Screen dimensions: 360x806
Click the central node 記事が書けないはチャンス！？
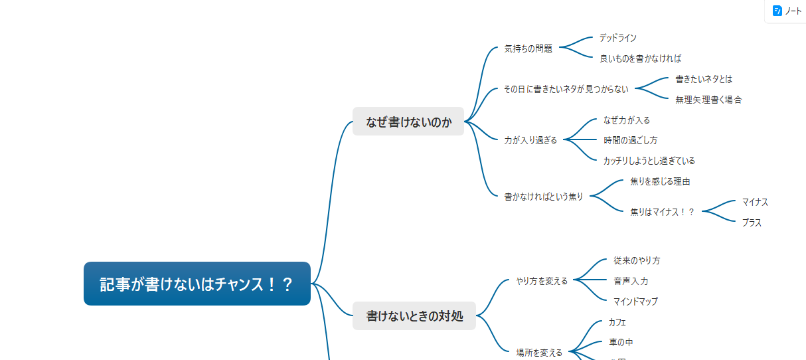197,284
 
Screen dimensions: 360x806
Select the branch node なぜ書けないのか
408,122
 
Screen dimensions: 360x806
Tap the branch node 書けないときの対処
414,315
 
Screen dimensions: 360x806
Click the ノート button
787,11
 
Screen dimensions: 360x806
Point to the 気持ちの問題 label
528,48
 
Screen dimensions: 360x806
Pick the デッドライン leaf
617,38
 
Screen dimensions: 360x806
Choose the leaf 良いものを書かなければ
640,58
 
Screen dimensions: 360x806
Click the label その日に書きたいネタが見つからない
566,88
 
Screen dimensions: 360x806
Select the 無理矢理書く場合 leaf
708,100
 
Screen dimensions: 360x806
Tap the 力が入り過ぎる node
530,140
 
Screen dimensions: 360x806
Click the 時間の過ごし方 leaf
630,140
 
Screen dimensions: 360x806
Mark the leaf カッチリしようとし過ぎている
649,161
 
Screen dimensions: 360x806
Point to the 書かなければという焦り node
543,197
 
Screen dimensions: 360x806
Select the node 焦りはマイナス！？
662,212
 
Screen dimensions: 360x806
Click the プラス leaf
752,223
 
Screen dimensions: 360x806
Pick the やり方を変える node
542,281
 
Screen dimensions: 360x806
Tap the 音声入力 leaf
631,281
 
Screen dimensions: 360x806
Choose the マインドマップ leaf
635,302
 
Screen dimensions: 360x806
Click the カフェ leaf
617,322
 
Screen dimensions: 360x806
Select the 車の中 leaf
621,342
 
